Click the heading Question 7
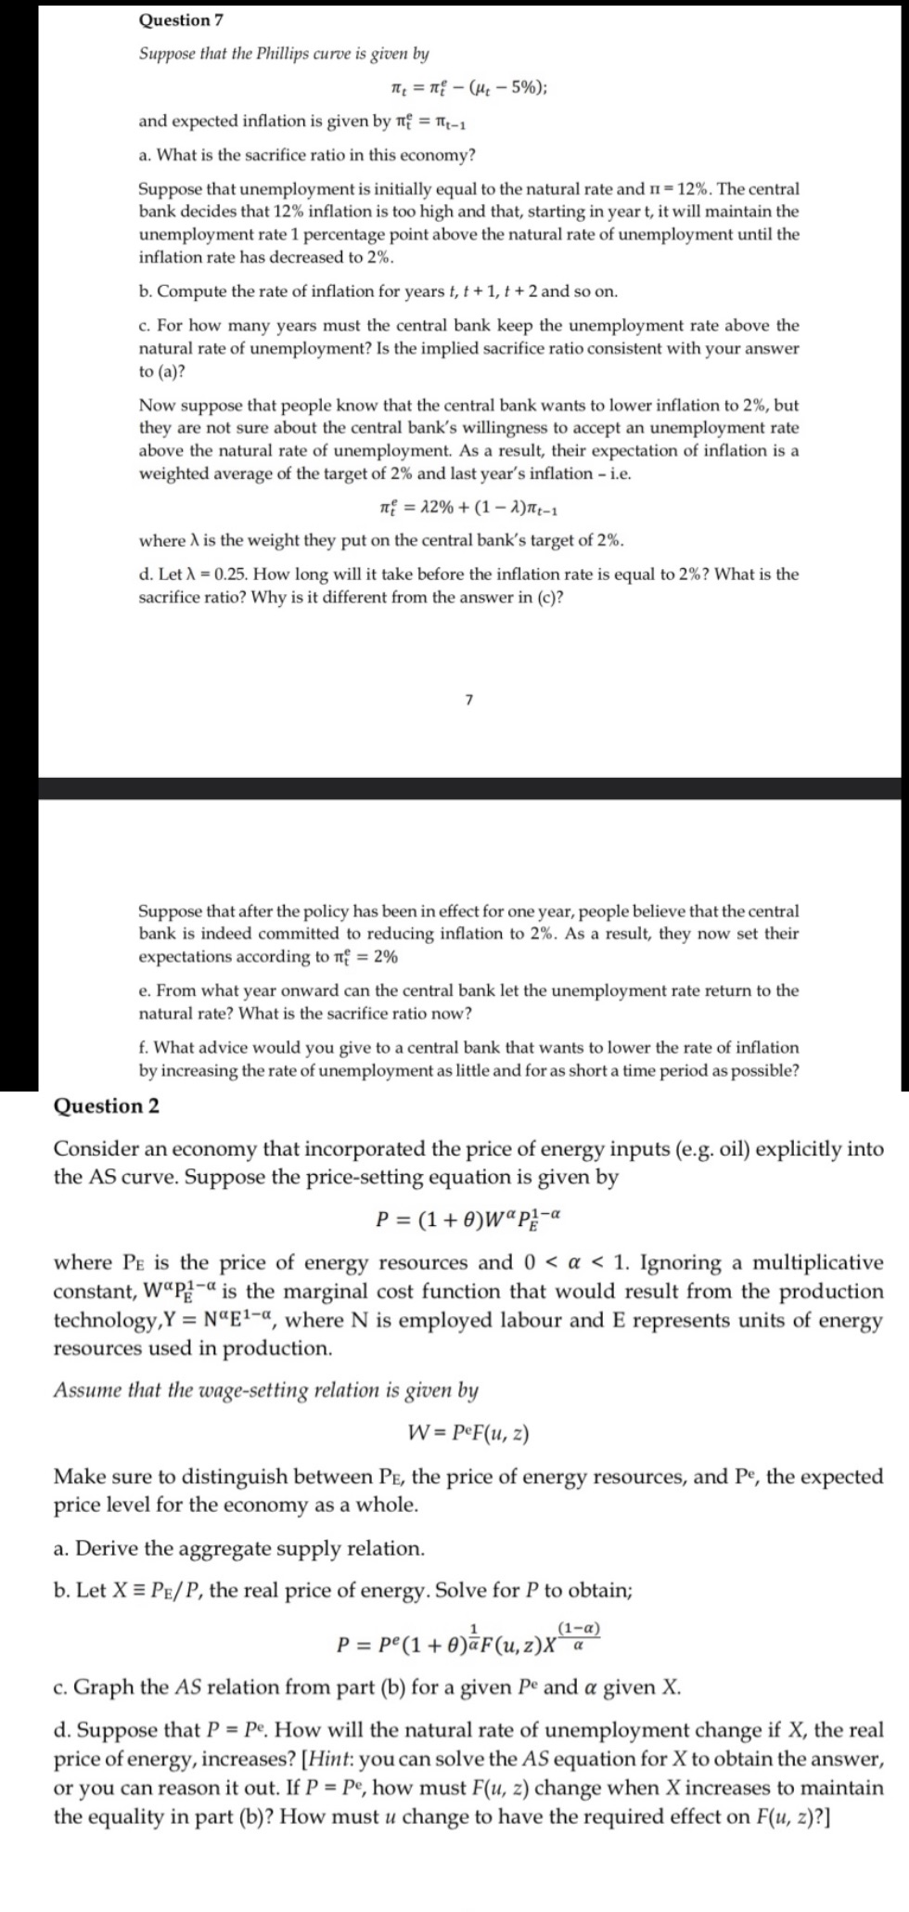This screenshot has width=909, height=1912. click(x=181, y=19)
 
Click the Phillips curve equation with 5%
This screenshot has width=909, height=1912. click(x=468, y=88)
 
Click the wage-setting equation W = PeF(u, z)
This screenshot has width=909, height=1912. click(x=468, y=1434)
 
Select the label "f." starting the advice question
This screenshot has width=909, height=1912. click(x=145, y=1048)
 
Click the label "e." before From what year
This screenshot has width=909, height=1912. click(x=145, y=990)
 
